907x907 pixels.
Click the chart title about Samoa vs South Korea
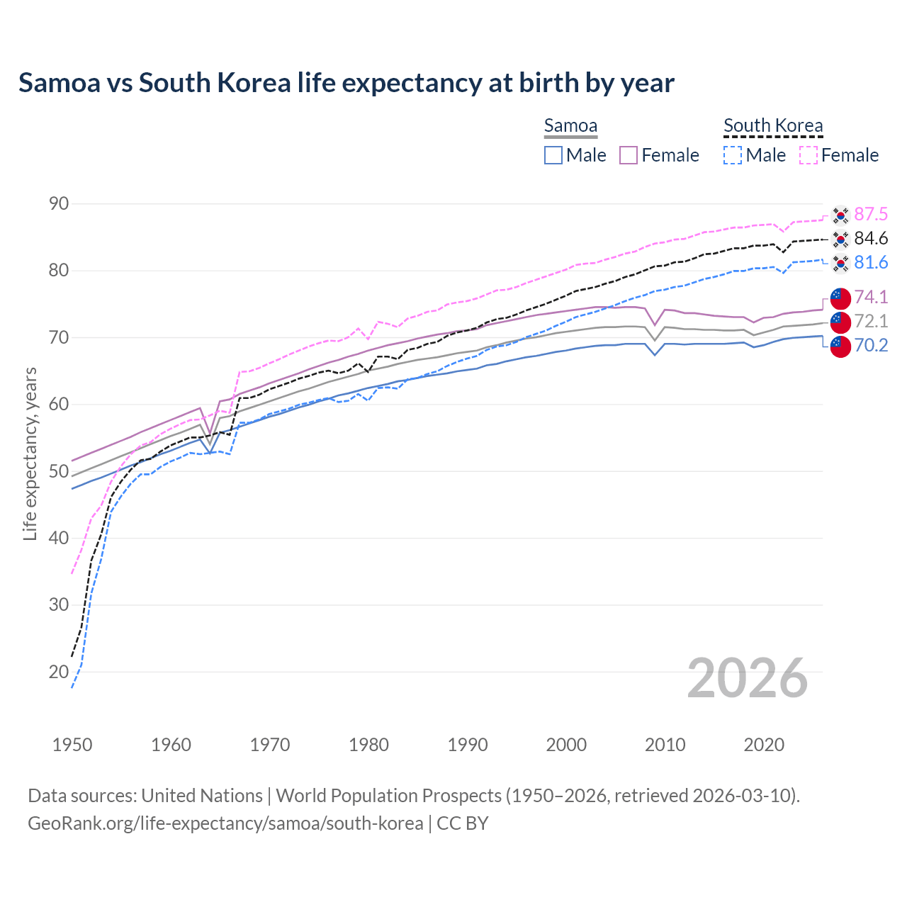(x=346, y=83)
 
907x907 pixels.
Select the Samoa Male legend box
(x=553, y=155)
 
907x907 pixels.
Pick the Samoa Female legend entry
(x=659, y=155)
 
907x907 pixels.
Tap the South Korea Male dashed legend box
(x=733, y=155)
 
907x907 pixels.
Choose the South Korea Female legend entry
(x=839, y=155)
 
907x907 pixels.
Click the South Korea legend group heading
(x=773, y=126)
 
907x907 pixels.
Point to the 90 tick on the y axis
(x=59, y=204)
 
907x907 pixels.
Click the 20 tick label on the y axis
(x=59, y=672)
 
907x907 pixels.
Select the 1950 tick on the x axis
(x=72, y=745)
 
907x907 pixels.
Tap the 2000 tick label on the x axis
(x=566, y=745)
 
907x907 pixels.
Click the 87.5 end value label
(x=871, y=215)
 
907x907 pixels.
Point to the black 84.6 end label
(x=871, y=239)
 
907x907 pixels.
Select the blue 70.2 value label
(x=871, y=345)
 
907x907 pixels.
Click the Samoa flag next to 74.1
(x=840, y=298)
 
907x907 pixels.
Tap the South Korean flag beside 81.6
(x=840, y=264)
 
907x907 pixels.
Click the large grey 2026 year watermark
(x=747, y=678)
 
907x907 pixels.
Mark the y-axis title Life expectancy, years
(x=30, y=453)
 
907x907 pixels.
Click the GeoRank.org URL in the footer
(x=225, y=823)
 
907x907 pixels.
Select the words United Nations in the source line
(x=202, y=796)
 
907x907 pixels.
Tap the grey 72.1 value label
(x=871, y=321)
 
